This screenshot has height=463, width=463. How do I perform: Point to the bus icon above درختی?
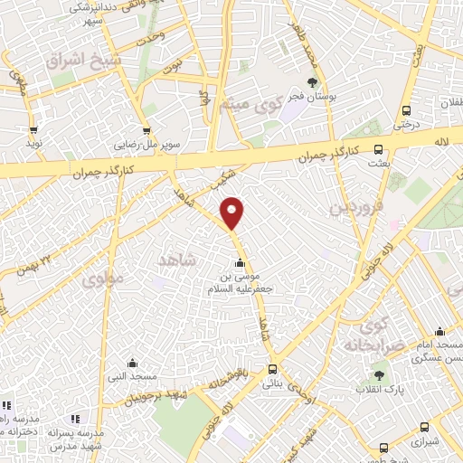406,111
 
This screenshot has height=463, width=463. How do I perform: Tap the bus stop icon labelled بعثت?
378,150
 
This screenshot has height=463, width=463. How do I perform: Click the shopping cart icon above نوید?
34,129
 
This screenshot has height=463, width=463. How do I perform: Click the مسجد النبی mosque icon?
133,363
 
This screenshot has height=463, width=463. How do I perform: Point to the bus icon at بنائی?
272,369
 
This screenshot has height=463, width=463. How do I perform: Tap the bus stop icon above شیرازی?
423,427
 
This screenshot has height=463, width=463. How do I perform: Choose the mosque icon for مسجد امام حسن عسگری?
440,332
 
